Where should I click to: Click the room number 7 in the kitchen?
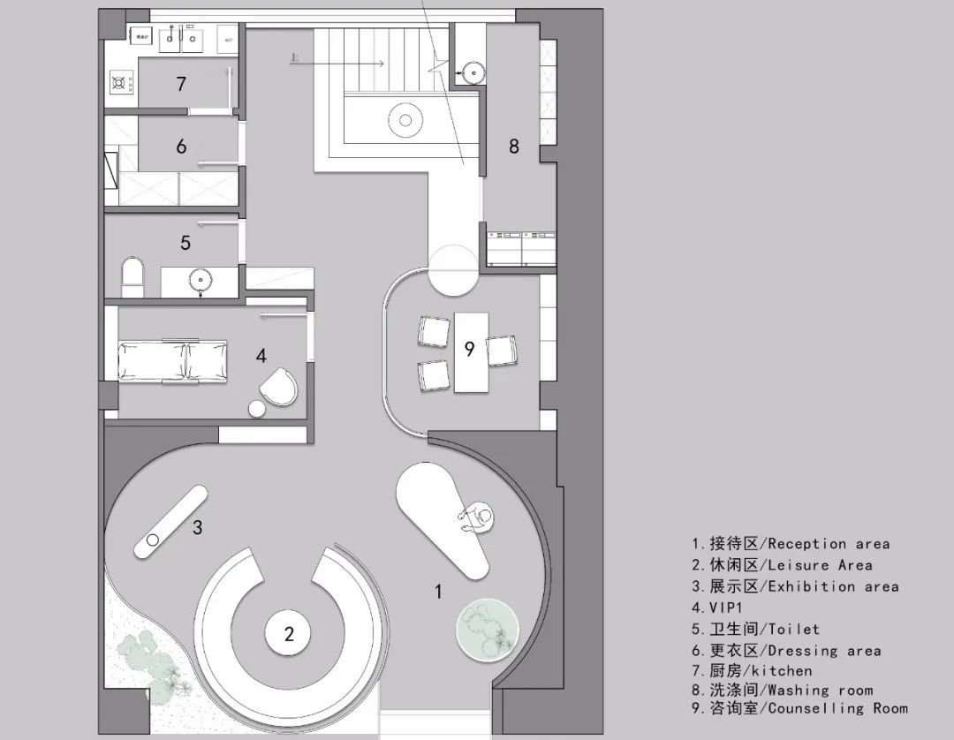181,85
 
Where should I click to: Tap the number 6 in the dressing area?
181,147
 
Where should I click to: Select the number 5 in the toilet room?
185,242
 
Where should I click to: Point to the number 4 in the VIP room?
261,356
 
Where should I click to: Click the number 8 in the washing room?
514,147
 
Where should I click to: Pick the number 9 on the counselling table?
470,350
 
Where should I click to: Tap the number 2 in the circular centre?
288,633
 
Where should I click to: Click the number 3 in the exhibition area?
198,528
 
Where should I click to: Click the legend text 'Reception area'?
829,544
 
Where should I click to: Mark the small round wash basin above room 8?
473,70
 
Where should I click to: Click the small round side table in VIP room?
257,409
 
